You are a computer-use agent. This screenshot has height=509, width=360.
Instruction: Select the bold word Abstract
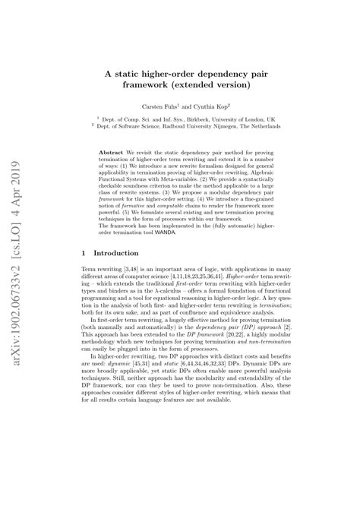(114, 153)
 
